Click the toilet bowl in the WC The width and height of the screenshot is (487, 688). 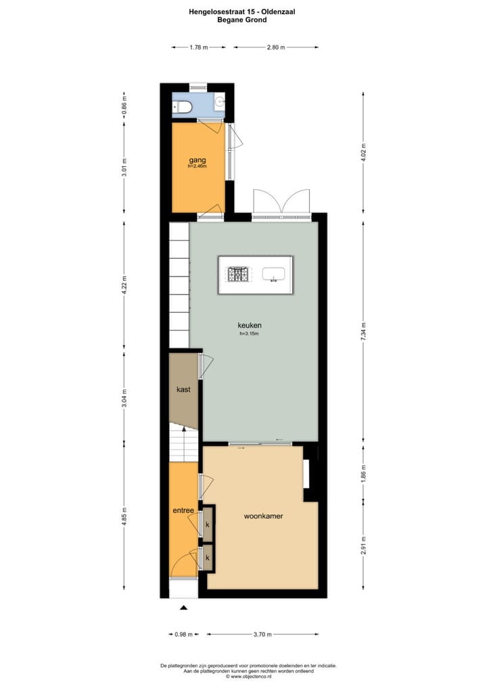pyautogui.click(x=182, y=106)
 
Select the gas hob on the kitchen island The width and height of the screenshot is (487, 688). pyautogui.click(x=238, y=274)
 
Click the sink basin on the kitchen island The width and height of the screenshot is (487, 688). pyautogui.click(x=274, y=274)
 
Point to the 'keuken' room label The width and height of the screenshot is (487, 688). pyautogui.click(x=250, y=325)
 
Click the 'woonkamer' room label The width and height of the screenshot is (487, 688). pyautogui.click(x=263, y=516)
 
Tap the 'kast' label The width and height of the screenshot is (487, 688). pyautogui.click(x=183, y=389)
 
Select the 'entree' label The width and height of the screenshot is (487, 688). pyautogui.click(x=183, y=510)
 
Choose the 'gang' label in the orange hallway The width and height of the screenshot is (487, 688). pyautogui.click(x=198, y=160)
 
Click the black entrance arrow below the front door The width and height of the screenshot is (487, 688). pyautogui.click(x=183, y=608)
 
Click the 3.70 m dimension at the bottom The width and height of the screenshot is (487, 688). pyautogui.click(x=262, y=635)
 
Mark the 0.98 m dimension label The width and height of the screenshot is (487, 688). pyautogui.click(x=183, y=635)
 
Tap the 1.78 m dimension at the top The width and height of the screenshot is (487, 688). pyautogui.click(x=198, y=47)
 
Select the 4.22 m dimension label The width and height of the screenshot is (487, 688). pyautogui.click(x=124, y=285)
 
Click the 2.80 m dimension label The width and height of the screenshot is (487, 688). pyautogui.click(x=276, y=47)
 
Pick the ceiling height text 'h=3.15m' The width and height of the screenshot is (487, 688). pyautogui.click(x=250, y=333)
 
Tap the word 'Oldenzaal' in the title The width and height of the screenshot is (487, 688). pyautogui.click(x=278, y=11)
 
